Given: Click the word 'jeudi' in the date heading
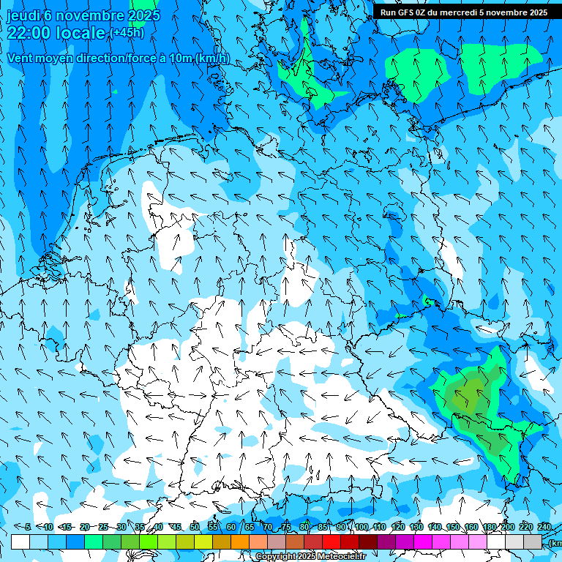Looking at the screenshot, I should click(23, 15).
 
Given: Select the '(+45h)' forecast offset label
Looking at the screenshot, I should click(127, 33).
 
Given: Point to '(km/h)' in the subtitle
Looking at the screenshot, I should click(212, 59).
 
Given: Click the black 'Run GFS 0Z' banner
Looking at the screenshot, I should click(463, 12).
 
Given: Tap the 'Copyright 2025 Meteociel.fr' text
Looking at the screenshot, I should click(310, 557).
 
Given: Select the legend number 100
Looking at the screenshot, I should click(361, 527).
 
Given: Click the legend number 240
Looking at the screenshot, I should click(544, 527).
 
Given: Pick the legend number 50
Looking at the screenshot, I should click(195, 527).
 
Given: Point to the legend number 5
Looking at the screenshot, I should click(27, 527).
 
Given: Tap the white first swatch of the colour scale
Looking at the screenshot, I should click(20, 542).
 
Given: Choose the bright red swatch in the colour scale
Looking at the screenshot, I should click(331, 542).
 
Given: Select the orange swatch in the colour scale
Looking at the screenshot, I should click(240, 542).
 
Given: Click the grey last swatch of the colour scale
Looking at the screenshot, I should click(533, 542).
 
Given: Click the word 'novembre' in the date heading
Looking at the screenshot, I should click(89, 15).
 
